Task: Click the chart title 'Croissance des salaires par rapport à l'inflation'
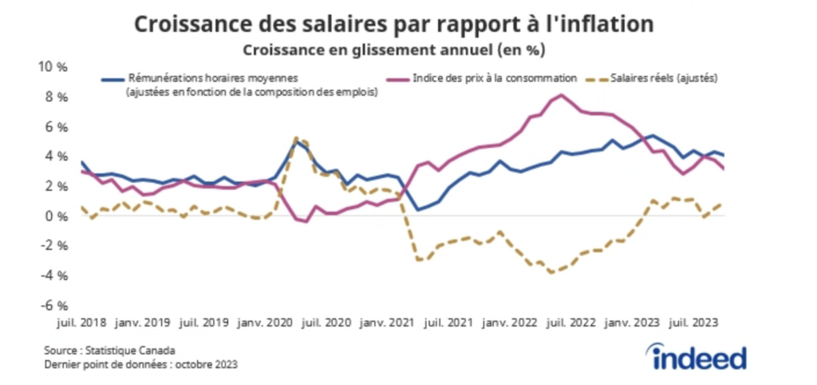[394, 24]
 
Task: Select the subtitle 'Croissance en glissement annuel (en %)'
[394, 50]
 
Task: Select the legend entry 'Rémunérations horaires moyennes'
[211, 79]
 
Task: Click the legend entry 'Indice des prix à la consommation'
[494, 79]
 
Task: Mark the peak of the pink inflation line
[562, 95]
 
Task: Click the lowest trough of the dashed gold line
[552, 272]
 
